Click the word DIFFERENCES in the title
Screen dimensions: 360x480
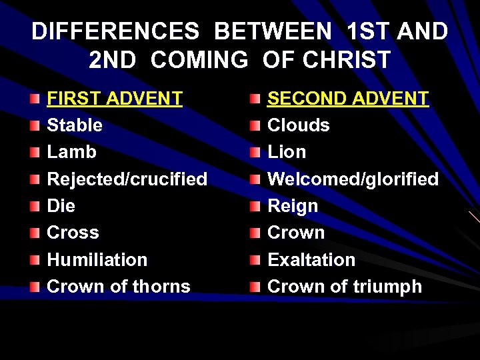click(114, 32)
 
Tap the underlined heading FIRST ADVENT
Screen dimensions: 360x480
click(114, 99)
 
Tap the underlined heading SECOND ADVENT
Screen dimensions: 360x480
click(347, 99)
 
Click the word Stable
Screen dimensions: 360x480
click(75, 125)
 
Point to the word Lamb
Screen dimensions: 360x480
click(71, 152)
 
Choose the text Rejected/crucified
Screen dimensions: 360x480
click(127, 179)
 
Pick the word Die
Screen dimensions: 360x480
click(61, 206)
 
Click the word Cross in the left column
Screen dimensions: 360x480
click(73, 233)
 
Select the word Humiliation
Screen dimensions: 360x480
click(97, 259)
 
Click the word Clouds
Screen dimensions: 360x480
click(298, 125)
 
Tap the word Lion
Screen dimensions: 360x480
click(287, 152)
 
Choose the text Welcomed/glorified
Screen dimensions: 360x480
click(353, 179)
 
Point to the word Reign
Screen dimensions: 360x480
click(293, 206)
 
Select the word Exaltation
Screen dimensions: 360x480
click(311, 259)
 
